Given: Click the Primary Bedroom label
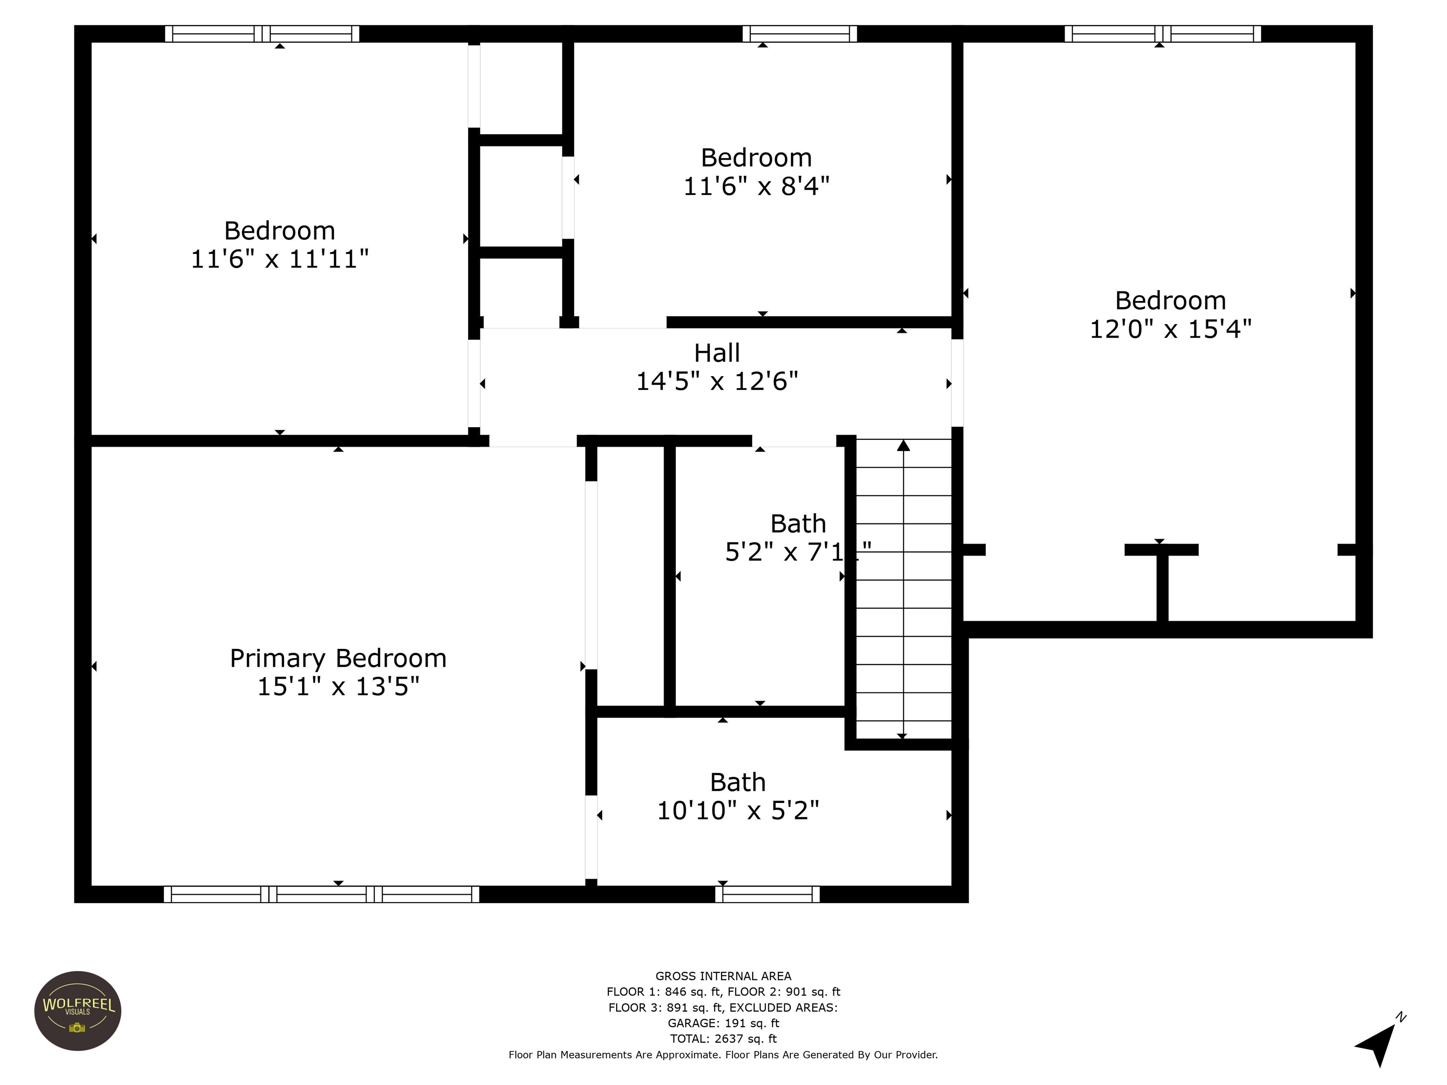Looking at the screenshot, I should [x=338, y=658].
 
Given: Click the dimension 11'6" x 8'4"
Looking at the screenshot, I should [x=756, y=187].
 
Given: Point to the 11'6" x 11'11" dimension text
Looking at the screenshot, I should [x=279, y=259].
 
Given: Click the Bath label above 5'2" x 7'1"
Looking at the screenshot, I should [x=797, y=524].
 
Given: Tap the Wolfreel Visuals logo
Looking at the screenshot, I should [x=77, y=1011].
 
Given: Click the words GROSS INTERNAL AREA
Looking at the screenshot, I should [x=723, y=976].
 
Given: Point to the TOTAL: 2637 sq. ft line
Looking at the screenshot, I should [x=723, y=1038].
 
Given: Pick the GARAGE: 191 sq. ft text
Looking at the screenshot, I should [x=723, y=1023].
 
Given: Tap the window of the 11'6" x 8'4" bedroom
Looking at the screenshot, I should [x=799, y=34].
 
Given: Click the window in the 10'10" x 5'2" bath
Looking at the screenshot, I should [x=767, y=894].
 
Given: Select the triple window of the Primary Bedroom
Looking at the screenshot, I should [x=321, y=894].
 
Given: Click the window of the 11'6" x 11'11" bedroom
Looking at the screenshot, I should [x=262, y=34].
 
